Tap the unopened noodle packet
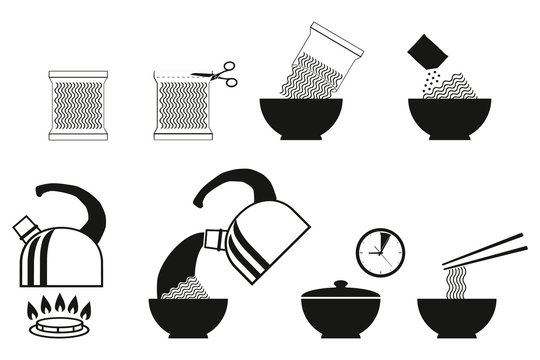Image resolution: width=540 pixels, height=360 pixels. (78, 104)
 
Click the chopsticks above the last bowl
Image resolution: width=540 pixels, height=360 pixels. (484, 250)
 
